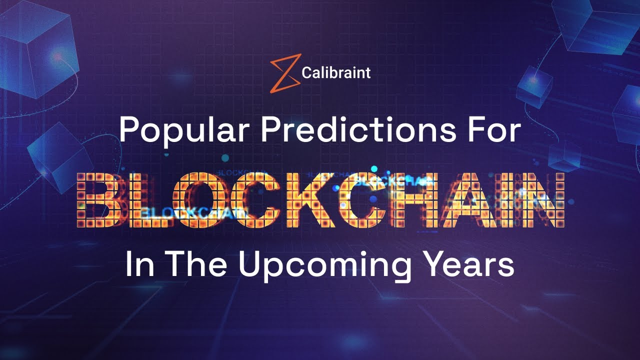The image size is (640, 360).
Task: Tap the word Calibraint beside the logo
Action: coord(336,73)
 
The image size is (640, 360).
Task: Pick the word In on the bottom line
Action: coord(138,265)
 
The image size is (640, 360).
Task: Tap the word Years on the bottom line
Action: coord(468,265)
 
